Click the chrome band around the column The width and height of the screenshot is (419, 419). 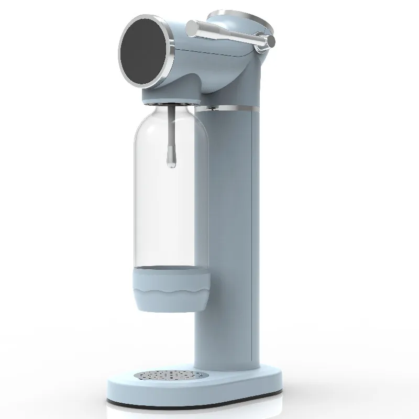pos(230,109)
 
